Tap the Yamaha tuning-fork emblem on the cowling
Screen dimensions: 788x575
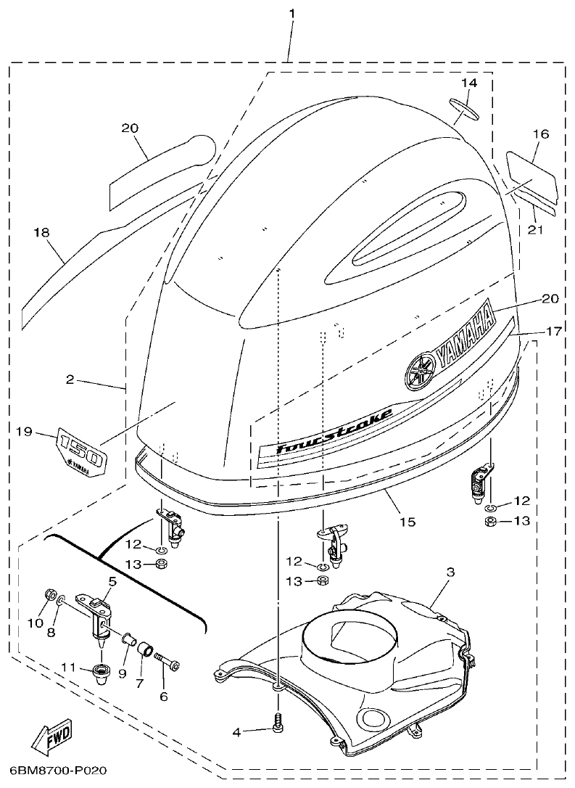pos(419,371)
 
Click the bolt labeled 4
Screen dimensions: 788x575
pos(278,723)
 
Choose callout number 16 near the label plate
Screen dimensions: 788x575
pos(540,134)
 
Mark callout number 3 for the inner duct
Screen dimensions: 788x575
pos(450,572)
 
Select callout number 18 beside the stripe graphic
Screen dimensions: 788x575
pos(41,232)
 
